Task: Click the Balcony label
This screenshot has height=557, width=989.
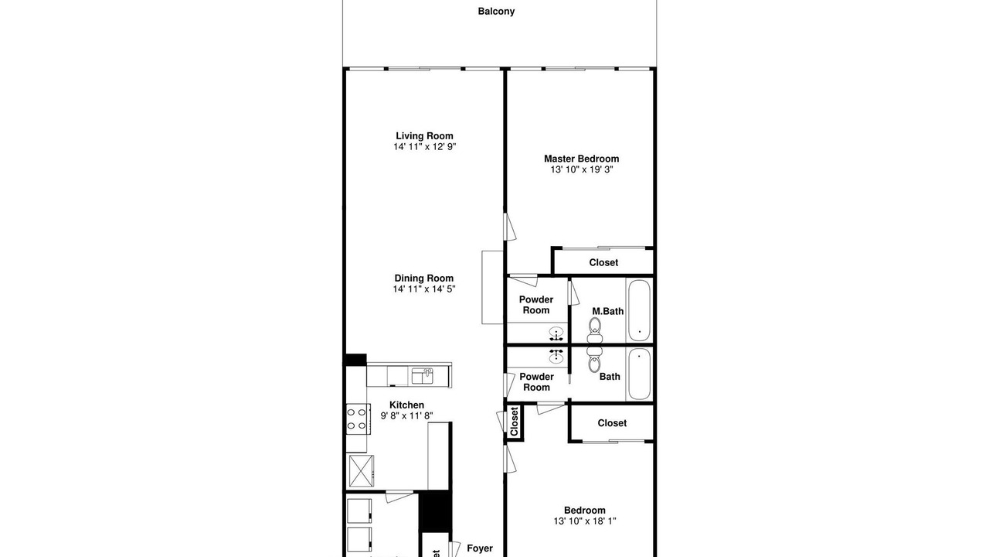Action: [496, 12]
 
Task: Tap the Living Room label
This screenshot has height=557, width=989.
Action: [424, 135]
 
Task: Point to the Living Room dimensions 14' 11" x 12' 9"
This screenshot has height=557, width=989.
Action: [424, 147]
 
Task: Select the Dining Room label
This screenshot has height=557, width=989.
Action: [424, 278]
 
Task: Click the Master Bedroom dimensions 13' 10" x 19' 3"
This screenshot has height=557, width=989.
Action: [582, 169]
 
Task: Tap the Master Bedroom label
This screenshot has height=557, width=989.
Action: [582, 159]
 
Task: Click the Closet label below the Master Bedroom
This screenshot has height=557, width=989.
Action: [603, 262]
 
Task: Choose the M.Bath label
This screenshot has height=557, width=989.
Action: [607, 311]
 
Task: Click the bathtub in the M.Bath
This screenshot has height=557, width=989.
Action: [639, 310]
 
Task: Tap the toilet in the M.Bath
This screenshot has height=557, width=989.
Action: [595, 330]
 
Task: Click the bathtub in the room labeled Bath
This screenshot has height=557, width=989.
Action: [639, 374]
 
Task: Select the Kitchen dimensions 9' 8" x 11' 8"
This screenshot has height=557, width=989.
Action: [406, 416]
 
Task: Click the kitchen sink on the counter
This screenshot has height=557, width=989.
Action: [423, 376]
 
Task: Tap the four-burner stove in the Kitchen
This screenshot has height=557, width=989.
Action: [357, 419]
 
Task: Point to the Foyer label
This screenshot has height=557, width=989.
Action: [480, 548]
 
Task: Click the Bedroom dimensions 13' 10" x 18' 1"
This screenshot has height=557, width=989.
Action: [585, 521]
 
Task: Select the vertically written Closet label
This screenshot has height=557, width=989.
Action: [514, 422]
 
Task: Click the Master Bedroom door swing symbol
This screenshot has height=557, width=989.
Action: [510, 227]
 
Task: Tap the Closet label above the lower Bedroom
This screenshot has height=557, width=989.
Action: [612, 423]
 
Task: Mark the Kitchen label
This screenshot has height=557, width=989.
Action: [406, 405]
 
